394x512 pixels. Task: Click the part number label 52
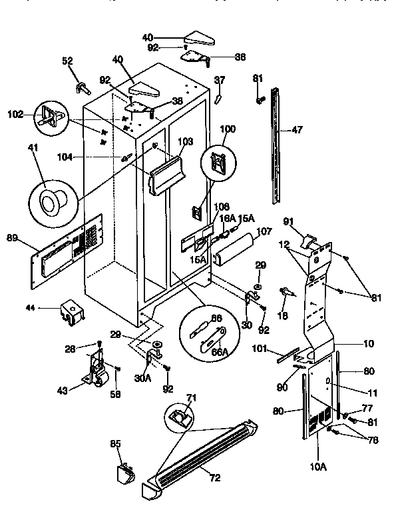coord(67,61)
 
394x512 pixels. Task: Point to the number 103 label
coord(184,141)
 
